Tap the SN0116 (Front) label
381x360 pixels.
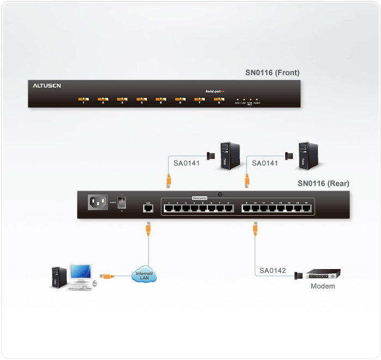(272, 72)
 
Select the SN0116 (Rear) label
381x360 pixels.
(323, 184)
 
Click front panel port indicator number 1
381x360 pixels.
(83, 99)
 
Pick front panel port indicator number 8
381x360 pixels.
(219, 99)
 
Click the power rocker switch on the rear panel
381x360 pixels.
(122, 203)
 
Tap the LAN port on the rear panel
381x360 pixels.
(147, 208)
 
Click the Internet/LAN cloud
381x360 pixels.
(144, 276)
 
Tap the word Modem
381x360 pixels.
(323, 286)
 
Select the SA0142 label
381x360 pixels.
(273, 271)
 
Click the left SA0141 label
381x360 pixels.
(187, 163)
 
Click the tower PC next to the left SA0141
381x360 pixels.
(228, 156)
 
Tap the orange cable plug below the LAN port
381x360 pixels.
(148, 228)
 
